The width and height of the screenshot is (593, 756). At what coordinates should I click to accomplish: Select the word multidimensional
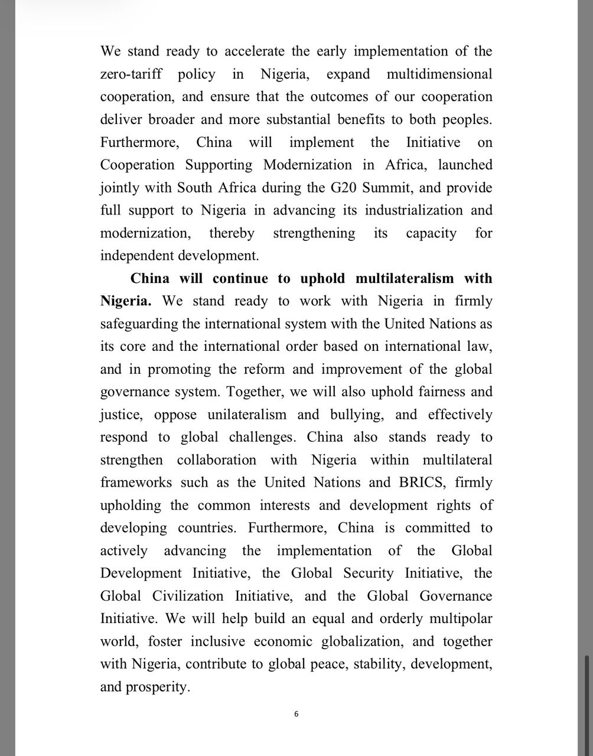[439, 74]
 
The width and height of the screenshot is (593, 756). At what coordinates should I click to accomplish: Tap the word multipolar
[457, 618]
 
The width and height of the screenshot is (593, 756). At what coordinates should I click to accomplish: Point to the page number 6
[296, 714]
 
